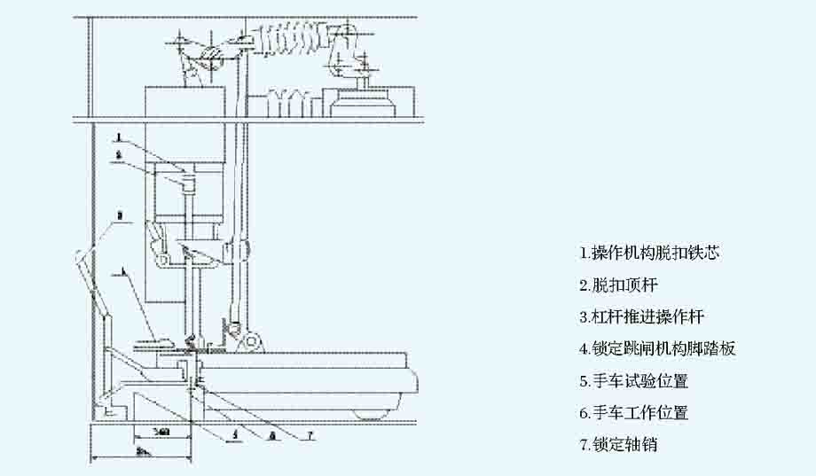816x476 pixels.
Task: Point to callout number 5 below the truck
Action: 234,434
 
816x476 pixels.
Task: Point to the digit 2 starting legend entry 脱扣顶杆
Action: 583,285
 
